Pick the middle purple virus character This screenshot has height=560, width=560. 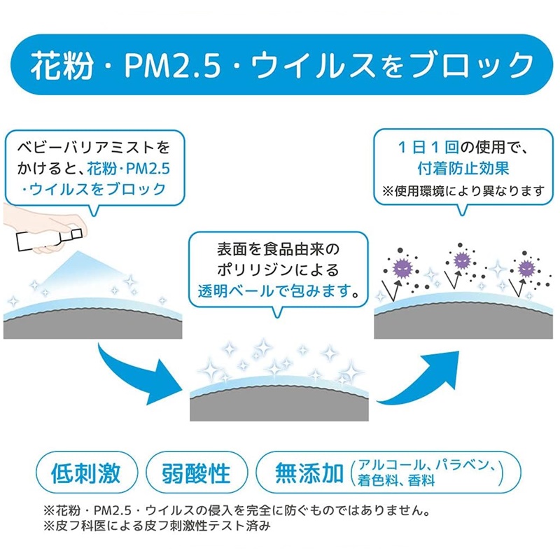tap(461, 260)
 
